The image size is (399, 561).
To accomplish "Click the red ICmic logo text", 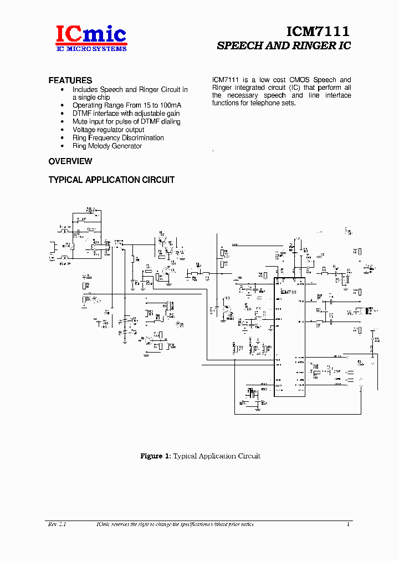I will pyautogui.click(x=91, y=34).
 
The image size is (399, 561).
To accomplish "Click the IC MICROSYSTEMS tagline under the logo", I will pyautogui.click(x=91, y=49).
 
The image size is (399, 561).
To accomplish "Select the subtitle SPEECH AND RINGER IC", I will pyautogui.click(x=284, y=46).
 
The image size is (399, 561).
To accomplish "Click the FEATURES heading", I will pyautogui.click(x=70, y=80).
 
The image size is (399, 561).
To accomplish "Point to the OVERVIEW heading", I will pyautogui.click(x=70, y=161).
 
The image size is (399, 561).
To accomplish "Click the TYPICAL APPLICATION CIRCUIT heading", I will pyautogui.click(x=111, y=180).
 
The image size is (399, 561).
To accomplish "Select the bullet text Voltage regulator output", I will pyautogui.click(x=108, y=130).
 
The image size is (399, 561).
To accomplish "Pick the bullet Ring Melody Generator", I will pyautogui.click(x=107, y=146).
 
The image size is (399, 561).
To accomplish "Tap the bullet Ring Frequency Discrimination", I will pyautogui.click(x=118, y=137).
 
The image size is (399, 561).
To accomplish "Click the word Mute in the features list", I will pyautogui.click(x=80, y=121).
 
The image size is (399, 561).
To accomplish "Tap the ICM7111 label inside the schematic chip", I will pyautogui.click(x=289, y=292).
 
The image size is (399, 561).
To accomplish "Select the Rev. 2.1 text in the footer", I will pyautogui.click(x=57, y=524).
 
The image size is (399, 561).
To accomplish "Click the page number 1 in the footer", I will pyautogui.click(x=348, y=524).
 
